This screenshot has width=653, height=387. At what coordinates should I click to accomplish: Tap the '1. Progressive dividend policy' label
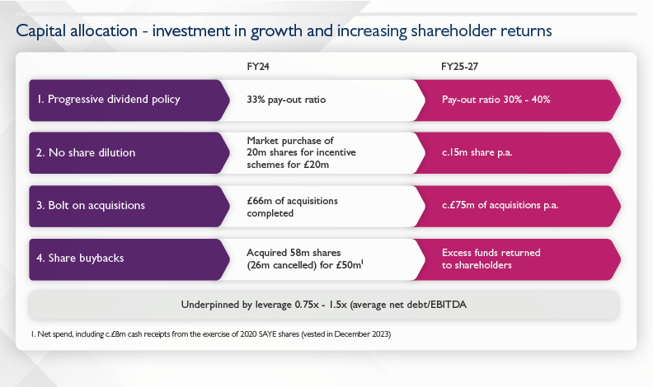tap(108, 100)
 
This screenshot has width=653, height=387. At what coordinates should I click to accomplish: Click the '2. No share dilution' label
tap(87, 152)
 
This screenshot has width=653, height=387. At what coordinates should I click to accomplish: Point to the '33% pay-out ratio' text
tap(286, 100)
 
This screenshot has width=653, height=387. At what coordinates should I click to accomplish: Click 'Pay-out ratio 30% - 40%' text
tap(496, 100)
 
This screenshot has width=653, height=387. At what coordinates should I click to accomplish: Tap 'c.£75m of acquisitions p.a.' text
tap(500, 205)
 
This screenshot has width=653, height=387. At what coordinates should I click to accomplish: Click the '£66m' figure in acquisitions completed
tap(260, 200)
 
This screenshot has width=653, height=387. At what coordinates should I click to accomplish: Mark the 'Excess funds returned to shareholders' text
tap(491, 259)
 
